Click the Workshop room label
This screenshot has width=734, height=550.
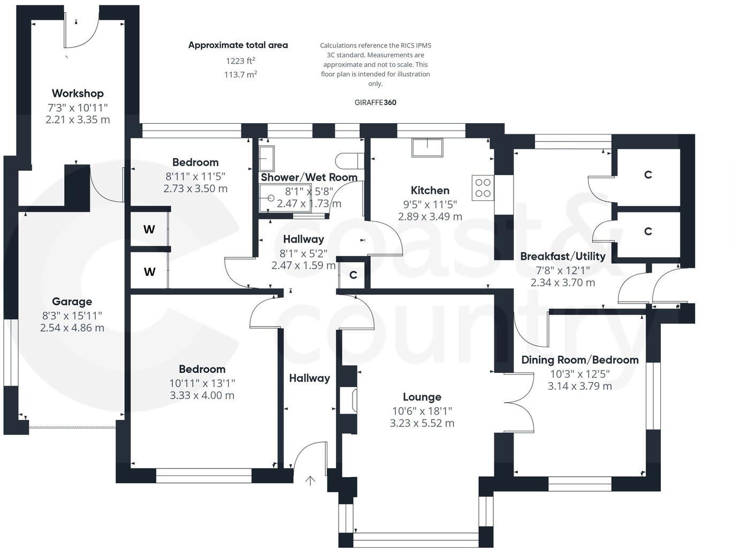[78, 93]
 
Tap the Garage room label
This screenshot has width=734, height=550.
[72, 302]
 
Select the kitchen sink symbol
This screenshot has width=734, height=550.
[427, 147]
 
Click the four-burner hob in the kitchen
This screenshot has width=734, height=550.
[483, 188]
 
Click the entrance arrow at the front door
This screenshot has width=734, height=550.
[310, 480]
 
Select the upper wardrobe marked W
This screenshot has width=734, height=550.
[149, 229]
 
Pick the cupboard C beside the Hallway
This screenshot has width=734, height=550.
[353, 275]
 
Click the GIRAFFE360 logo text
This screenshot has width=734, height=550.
[376, 102]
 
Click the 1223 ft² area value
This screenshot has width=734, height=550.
[240, 61]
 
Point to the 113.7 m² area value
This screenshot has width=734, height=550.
[240, 74]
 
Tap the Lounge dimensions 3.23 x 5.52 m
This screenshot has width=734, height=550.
[422, 423]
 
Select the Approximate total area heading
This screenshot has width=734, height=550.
[238, 45]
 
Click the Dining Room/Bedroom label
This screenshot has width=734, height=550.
[580, 360]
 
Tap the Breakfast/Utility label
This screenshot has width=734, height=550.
[563, 256]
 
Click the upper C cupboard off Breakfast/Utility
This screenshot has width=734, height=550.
[648, 175]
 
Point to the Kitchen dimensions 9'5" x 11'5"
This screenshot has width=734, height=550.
[430, 204]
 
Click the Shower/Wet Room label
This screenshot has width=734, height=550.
[309, 177]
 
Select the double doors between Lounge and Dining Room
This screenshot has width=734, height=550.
[519, 402]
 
